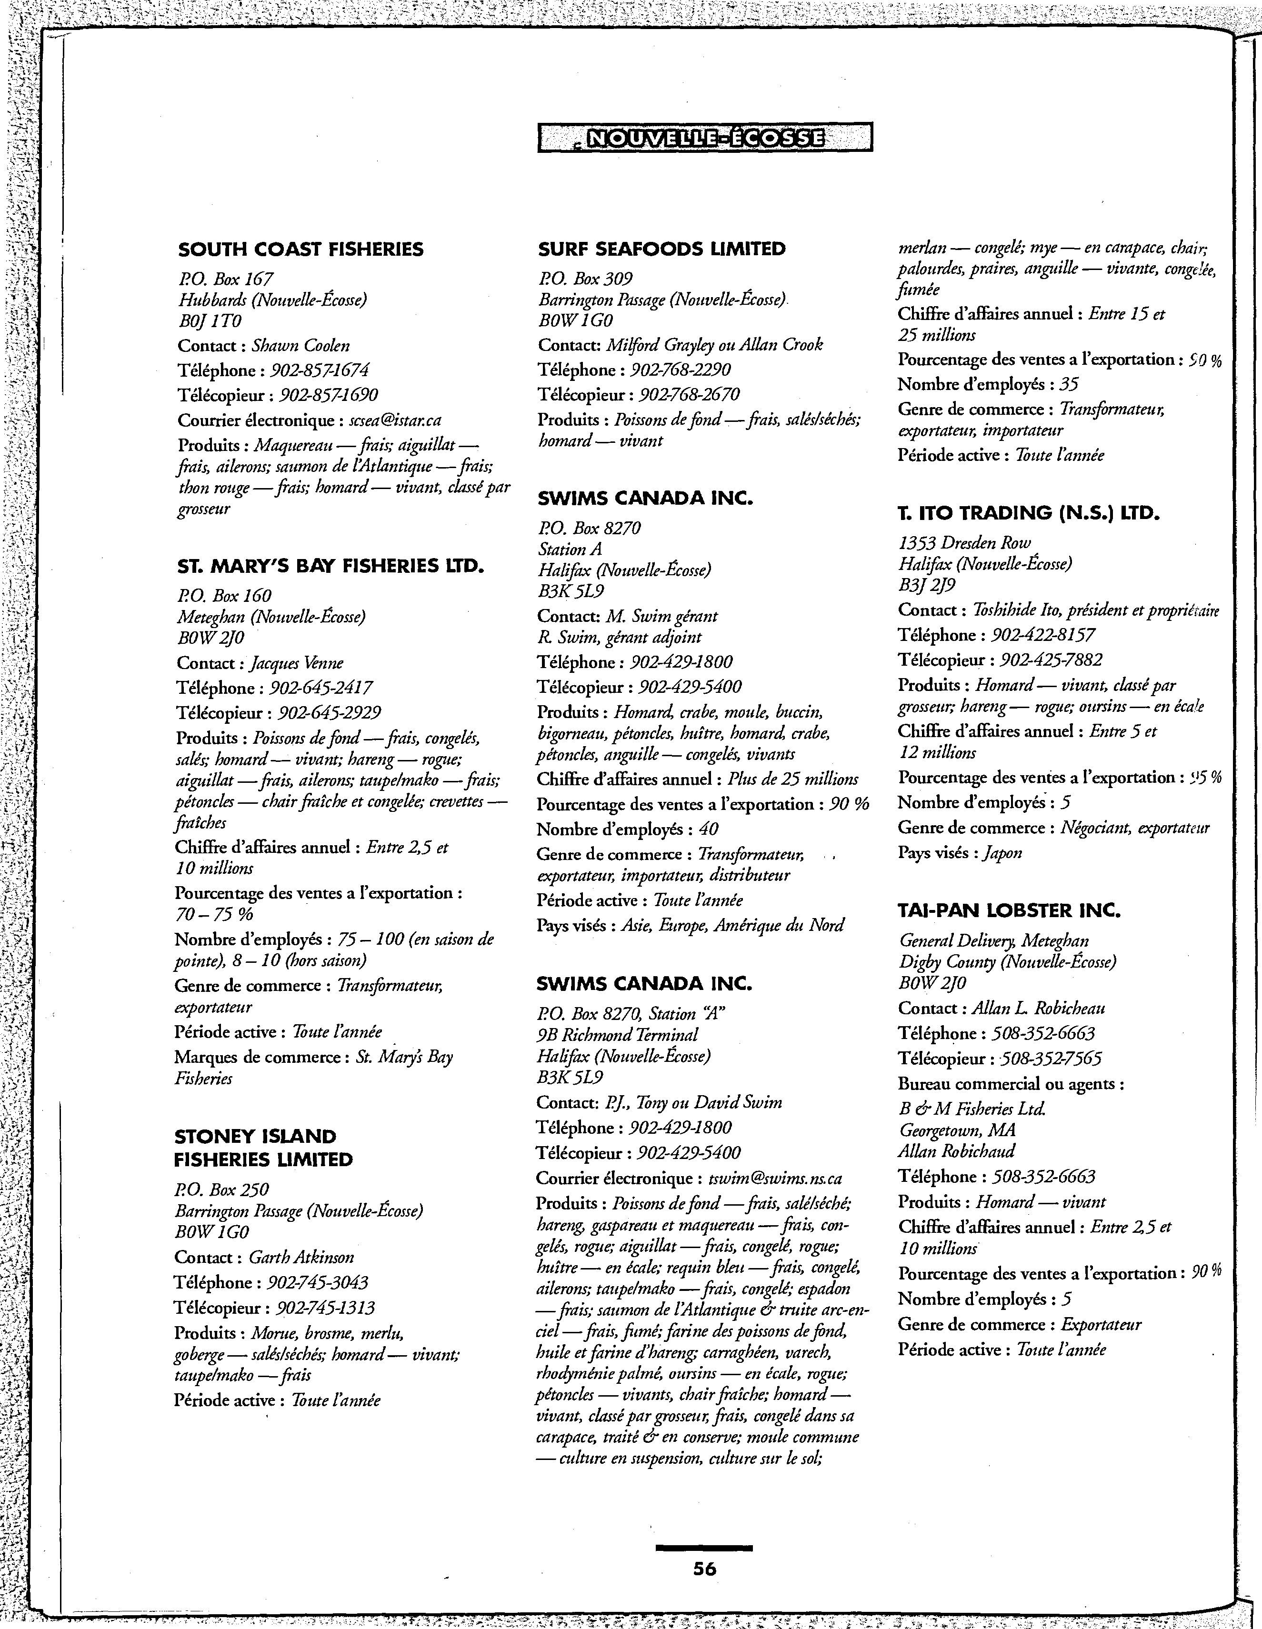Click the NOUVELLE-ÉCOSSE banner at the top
pyautogui.click(x=705, y=137)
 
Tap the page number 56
pyautogui.click(x=704, y=1568)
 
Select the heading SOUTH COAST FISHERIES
pyautogui.click(x=300, y=249)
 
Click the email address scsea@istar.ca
pyautogui.click(x=395, y=420)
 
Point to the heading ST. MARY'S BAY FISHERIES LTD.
pyautogui.click(x=331, y=566)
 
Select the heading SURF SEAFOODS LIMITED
pyautogui.click(x=661, y=249)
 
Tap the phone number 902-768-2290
pyautogui.click(x=680, y=370)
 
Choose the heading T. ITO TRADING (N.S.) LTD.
pyautogui.click(x=1029, y=513)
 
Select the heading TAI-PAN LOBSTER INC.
pyautogui.click(x=1009, y=911)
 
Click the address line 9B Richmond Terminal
pyautogui.click(x=617, y=1035)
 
